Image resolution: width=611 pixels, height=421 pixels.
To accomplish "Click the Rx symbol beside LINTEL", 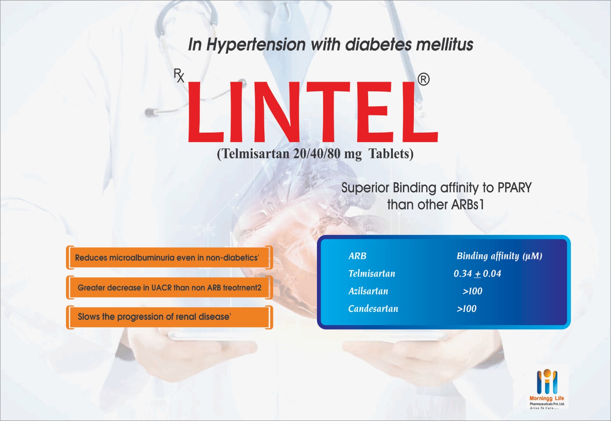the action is (x=179, y=76).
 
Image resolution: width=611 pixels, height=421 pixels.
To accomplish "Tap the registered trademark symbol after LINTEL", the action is (x=423, y=79).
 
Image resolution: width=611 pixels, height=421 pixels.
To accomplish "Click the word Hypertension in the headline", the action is (x=256, y=44).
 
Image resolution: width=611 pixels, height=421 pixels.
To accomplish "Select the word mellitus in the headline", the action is (x=445, y=44).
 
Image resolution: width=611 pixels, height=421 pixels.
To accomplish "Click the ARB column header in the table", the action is (x=357, y=256).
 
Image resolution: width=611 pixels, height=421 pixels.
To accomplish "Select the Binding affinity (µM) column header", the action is (x=499, y=256).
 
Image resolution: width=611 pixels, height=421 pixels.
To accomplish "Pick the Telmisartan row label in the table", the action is (x=372, y=274).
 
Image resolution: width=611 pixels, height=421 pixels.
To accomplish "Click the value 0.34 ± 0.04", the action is (x=477, y=274).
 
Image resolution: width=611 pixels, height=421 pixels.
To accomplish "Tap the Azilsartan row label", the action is (x=368, y=291).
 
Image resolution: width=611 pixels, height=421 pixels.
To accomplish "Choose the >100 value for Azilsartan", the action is (x=472, y=291).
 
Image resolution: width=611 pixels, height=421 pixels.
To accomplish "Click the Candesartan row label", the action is (x=373, y=309).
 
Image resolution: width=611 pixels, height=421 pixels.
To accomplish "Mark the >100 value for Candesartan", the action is (x=467, y=309).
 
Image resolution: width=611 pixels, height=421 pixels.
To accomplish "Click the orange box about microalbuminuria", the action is (x=170, y=257).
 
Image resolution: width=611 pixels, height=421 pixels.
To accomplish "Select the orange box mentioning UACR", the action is (x=170, y=287).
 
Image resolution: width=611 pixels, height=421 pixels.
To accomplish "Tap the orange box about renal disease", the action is (x=170, y=317).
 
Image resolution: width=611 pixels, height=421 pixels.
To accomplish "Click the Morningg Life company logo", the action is (x=547, y=389).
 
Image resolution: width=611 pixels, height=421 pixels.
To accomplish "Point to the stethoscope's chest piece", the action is (x=151, y=112).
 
